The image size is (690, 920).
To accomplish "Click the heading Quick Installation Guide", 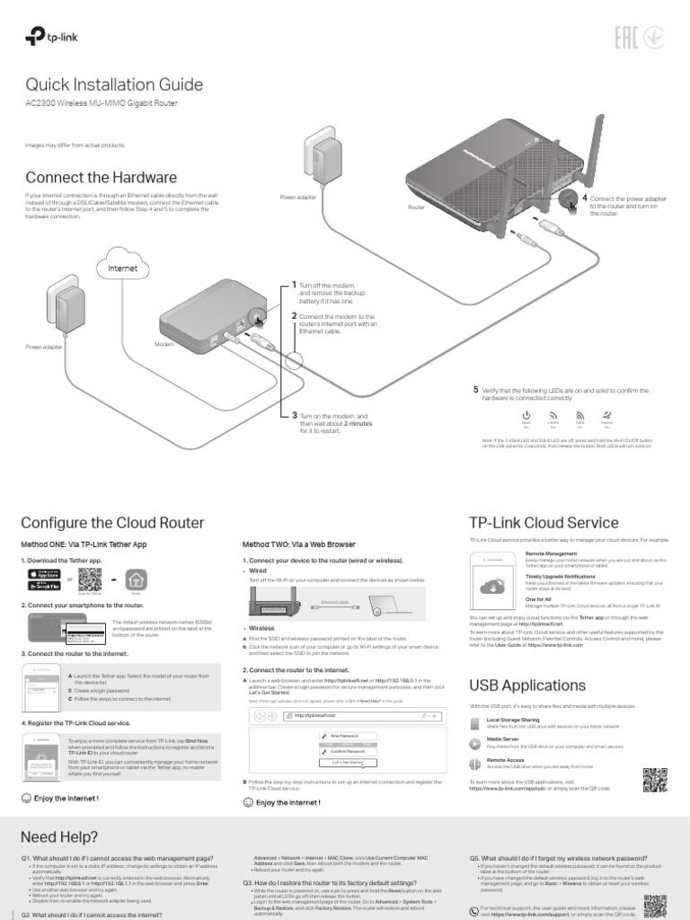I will click(x=114, y=85).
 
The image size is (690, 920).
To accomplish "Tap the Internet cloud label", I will click(x=122, y=268).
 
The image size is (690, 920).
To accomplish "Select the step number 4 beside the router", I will click(x=584, y=197).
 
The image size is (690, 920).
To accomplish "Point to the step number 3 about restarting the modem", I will click(x=294, y=415).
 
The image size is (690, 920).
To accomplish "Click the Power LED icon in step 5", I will click(x=526, y=416).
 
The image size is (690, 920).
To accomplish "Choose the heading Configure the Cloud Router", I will click(x=112, y=523).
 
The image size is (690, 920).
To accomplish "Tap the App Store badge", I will click(x=50, y=574).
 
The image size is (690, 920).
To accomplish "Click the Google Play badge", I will click(x=50, y=586).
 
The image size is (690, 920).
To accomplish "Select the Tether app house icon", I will click(x=136, y=579).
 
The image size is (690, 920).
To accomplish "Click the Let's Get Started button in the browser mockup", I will click(x=347, y=762).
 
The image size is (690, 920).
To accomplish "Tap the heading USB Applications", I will click(x=528, y=686).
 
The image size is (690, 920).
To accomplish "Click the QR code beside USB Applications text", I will click(x=656, y=780).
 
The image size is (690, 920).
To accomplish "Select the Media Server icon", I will click(x=476, y=742).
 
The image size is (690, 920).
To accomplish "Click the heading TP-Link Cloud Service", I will click(x=544, y=523).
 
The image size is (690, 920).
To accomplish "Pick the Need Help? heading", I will click(x=59, y=836).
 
